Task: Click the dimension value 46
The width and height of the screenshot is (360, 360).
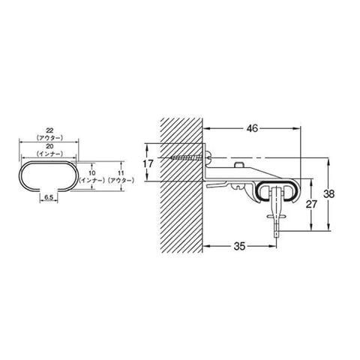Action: point(252,128)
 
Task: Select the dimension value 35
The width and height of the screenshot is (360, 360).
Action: point(239,246)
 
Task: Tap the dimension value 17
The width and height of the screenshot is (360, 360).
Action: point(148,164)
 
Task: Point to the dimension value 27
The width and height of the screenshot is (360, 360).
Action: point(311,204)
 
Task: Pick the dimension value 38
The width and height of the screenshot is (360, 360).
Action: point(328,193)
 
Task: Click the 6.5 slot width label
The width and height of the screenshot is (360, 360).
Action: point(49,197)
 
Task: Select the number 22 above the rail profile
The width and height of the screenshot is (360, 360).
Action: point(49,130)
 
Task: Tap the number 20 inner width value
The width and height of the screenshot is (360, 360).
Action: point(49,146)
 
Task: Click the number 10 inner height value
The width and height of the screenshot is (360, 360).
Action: point(92,172)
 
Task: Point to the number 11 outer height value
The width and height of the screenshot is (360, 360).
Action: point(121,172)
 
